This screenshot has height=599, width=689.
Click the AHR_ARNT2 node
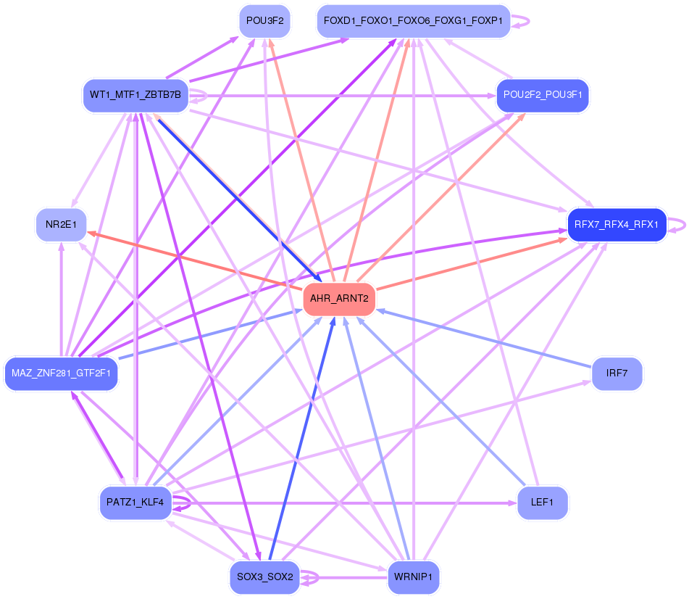339,299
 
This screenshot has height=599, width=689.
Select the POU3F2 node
265,21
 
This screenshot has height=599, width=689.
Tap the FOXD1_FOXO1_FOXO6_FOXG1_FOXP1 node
414,21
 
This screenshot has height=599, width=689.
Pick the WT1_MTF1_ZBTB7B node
135,96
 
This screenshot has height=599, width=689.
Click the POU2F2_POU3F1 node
543,96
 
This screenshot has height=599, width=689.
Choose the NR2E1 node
61,225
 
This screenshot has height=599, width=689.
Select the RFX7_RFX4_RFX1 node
617,225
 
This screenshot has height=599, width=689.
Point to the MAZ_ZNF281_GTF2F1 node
61,373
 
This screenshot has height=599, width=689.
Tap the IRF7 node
617,373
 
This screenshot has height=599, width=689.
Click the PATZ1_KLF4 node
135,503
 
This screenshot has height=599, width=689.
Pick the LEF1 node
543,503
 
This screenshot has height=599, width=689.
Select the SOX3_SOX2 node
265,577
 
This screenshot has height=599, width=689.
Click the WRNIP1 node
414,577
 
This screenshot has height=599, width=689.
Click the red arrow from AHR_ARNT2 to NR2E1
195,261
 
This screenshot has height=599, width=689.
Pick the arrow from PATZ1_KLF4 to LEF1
344,503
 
